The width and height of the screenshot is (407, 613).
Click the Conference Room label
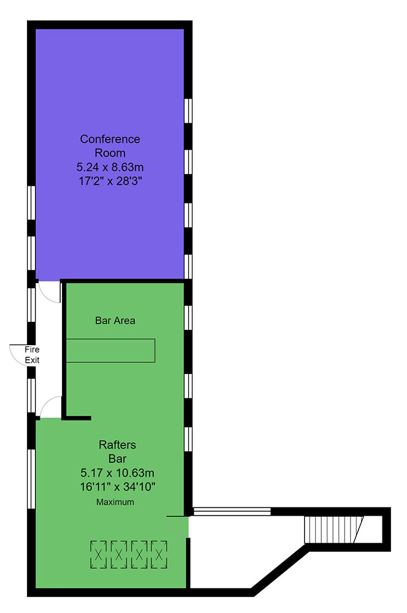[x=110, y=146]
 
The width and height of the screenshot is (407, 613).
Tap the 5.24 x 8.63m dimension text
[x=110, y=167]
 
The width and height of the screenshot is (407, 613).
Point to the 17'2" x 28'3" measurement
[x=110, y=181]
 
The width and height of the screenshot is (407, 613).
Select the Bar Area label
[x=115, y=321]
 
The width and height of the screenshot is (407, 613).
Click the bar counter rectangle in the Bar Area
[x=111, y=350]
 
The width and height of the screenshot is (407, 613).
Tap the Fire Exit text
[x=32, y=354]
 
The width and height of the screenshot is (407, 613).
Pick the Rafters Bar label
[x=117, y=452]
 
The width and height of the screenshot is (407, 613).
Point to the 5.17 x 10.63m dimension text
[x=117, y=473]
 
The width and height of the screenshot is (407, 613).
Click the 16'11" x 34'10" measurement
[x=118, y=487]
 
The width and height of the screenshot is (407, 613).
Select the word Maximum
[x=115, y=502]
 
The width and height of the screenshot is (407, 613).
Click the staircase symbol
[x=334, y=530]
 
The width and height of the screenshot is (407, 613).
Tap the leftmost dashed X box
[x=99, y=554]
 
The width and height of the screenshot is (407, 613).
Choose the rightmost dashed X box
[x=159, y=554]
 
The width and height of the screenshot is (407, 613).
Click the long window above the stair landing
[x=232, y=511]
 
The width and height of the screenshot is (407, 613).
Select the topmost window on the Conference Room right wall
[x=188, y=110]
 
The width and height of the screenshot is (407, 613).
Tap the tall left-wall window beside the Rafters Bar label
[x=31, y=479]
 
